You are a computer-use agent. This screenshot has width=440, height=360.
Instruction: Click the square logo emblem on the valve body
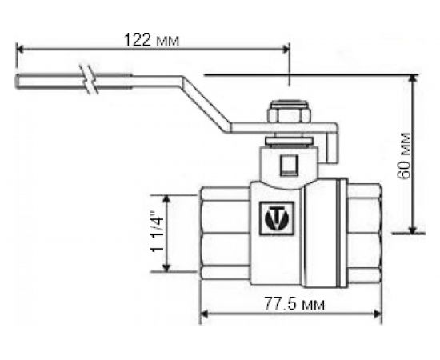tap(278, 217)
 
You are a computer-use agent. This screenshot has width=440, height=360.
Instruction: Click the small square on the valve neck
tap(288, 166)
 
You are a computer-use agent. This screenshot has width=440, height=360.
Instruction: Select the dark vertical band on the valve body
tap(341, 232)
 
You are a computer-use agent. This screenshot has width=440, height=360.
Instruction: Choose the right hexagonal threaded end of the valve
tap(364, 232)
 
